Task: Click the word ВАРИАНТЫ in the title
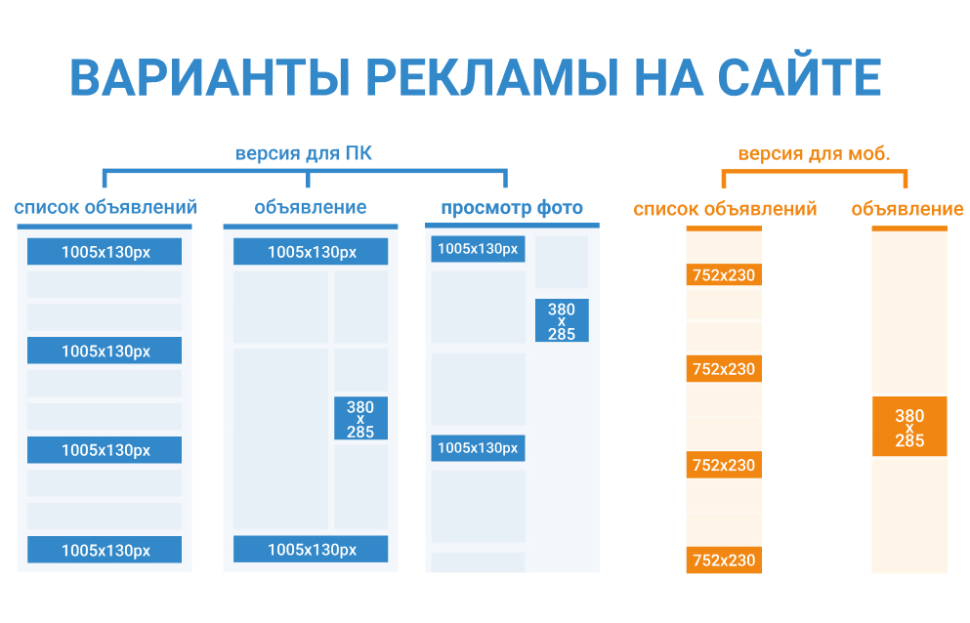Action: click(x=210, y=78)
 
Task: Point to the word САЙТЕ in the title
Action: click(x=799, y=78)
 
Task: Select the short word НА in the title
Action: click(x=669, y=78)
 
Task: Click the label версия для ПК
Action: click(x=304, y=153)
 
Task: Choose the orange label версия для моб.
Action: click(x=814, y=153)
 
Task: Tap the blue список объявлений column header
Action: click(x=105, y=207)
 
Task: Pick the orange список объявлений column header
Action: click(x=725, y=209)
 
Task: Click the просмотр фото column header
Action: click(x=512, y=208)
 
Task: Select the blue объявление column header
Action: click(x=311, y=207)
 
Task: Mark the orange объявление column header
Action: click(x=907, y=209)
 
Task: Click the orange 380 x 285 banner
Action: click(x=909, y=427)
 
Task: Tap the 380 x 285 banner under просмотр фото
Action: click(x=562, y=320)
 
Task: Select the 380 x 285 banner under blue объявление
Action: click(x=360, y=418)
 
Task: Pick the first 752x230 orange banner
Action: click(x=724, y=274)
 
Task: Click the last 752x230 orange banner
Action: click(x=724, y=560)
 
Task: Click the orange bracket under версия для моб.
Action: click(x=814, y=171)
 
